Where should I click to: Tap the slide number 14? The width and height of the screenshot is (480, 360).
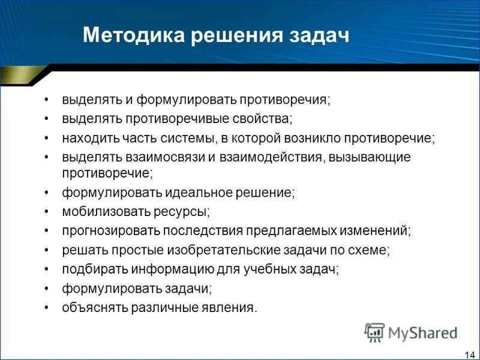pos(469,353)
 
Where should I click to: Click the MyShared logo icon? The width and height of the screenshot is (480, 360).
pos(375,332)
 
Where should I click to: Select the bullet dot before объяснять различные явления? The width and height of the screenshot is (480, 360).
pos(47,308)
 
